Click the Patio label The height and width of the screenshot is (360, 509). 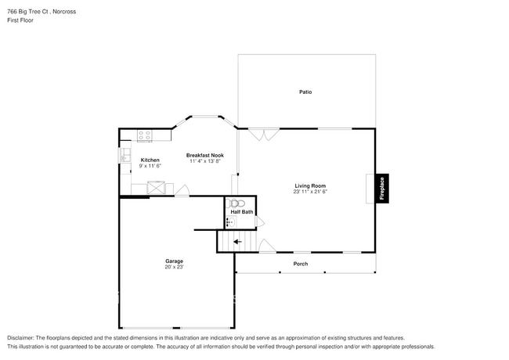click(305, 92)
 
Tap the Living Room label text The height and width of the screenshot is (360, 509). click(310, 185)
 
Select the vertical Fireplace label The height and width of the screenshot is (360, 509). click(382, 189)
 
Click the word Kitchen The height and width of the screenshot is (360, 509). click(150, 160)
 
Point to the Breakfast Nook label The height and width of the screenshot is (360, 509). click(204, 155)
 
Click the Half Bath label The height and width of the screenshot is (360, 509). click(241, 212)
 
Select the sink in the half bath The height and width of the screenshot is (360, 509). click(229, 222)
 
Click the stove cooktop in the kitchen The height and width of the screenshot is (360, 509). click(145, 136)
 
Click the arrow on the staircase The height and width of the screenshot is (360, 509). click(237, 242)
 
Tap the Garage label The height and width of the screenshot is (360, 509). click(174, 261)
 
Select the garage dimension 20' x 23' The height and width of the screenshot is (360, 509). click(174, 267)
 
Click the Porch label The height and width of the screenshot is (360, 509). click(301, 264)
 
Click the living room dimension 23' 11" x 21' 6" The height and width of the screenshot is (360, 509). click(310, 192)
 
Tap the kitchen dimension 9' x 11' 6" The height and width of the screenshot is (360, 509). click(150, 166)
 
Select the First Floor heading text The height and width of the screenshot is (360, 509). click(20, 20)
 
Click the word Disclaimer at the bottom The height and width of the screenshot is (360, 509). click(23, 338)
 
